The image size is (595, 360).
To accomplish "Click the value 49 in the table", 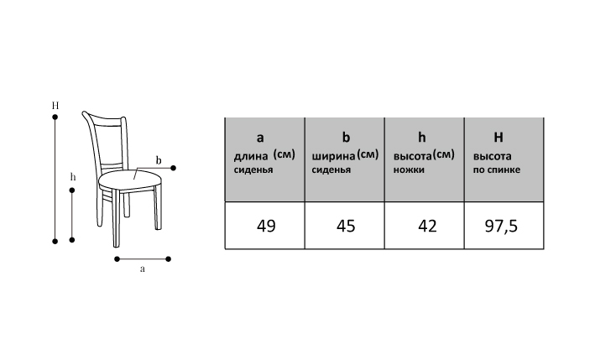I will click(x=265, y=226).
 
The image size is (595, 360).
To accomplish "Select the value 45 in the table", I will click(x=344, y=226).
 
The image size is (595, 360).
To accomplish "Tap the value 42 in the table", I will click(x=426, y=226).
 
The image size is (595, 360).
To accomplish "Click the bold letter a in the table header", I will click(x=259, y=137).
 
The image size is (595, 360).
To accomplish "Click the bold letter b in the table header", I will click(x=344, y=137).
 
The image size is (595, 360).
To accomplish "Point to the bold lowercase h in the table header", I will click(x=422, y=137).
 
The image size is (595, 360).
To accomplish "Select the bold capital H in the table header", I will click(x=498, y=137).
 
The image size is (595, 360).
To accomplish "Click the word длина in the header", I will click(x=251, y=156).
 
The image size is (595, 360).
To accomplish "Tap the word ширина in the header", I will click(x=332, y=156).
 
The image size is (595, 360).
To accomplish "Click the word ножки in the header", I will click(x=409, y=170).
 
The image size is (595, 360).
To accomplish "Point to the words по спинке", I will click(x=497, y=170).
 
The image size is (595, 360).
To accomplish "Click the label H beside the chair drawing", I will click(x=55, y=106).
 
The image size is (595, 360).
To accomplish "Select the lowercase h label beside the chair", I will click(x=73, y=177).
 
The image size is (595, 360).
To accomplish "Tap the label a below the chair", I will click(x=143, y=270).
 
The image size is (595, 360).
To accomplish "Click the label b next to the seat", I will click(x=158, y=159).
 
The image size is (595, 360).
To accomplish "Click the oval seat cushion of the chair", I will click(x=129, y=178).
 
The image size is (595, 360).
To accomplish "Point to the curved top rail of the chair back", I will click(x=105, y=117).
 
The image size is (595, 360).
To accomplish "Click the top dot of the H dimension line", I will click(x=55, y=118).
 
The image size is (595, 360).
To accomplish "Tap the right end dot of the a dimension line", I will click(x=170, y=258).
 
